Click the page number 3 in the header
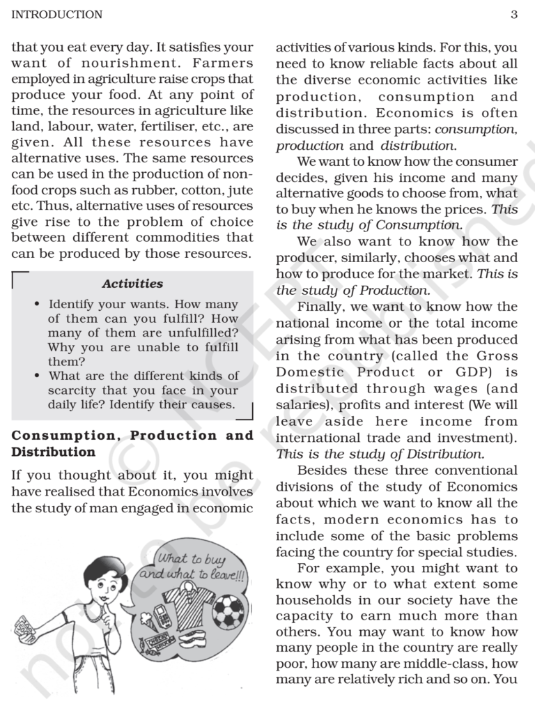(x=513, y=15)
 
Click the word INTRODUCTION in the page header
(x=57, y=15)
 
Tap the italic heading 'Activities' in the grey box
(x=132, y=284)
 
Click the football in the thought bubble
(x=228, y=611)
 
